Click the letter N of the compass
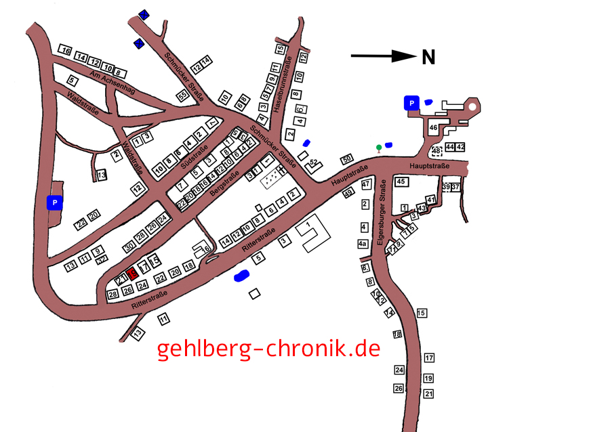428,58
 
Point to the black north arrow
383,57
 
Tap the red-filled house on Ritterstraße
132,272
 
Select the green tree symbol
379,148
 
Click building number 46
434,127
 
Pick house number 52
314,163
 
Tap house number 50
347,158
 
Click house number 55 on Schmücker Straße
182,96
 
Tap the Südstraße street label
194,156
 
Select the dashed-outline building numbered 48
437,151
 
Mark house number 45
401,181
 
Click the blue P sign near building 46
410,103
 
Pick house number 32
102,260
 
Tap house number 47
365,184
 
